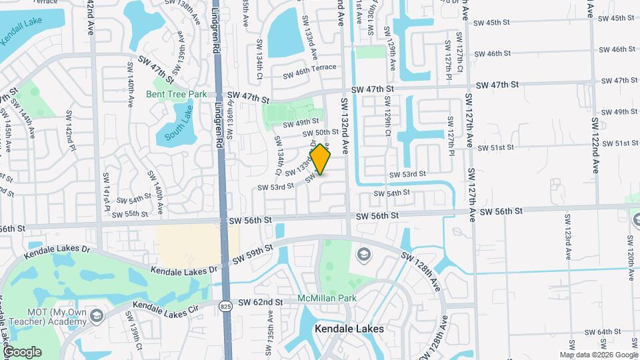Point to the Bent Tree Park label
[x=177, y=95]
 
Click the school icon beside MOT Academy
[x=97, y=315]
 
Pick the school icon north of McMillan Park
[x=364, y=254]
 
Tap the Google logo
[x=22, y=352]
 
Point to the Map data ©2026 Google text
[x=599, y=355]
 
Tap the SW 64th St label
[x=604, y=332]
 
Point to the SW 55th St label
[x=129, y=214]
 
